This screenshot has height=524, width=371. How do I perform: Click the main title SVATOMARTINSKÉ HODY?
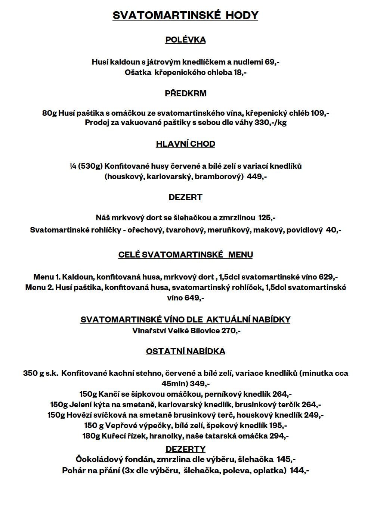click(x=185, y=15)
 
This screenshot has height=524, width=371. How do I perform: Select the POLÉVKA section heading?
click(x=185, y=40)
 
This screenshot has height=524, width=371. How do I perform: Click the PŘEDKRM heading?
click(x=185, y=93)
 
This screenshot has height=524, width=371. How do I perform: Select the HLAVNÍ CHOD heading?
click(x=185, y=144)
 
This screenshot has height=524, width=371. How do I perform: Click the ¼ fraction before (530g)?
click(x=73, y=166)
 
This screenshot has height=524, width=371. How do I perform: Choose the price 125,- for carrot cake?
click(x=266, y=217)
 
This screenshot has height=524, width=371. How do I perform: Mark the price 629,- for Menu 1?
click(x=328, y=277)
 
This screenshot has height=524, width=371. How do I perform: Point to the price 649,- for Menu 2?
click(x=194, y=298)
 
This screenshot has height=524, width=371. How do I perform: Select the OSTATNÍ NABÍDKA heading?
click(x=185, y=352)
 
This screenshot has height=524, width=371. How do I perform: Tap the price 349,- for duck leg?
click(x=200, y=384)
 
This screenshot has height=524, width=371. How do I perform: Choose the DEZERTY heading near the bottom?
click(x=185, y=449)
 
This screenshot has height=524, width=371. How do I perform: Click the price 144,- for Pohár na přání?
click(x=299, y=471)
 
